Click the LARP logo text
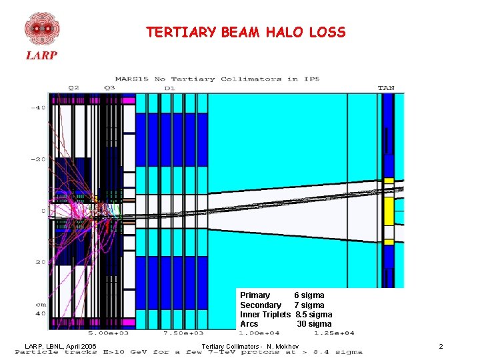click(41, 55)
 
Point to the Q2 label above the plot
click(73, 87)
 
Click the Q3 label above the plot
click(110, 87)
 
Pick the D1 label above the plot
click(169, 87)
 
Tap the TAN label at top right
click(386, 87)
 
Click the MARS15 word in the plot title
click(132, 79)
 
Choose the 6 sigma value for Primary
click(309, 295)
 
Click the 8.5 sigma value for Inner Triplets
click(313, 315)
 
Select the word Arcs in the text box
click(249, 324)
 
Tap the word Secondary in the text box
click(261, 305)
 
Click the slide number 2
click(441, 347)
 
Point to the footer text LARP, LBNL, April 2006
click(61, 347)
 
